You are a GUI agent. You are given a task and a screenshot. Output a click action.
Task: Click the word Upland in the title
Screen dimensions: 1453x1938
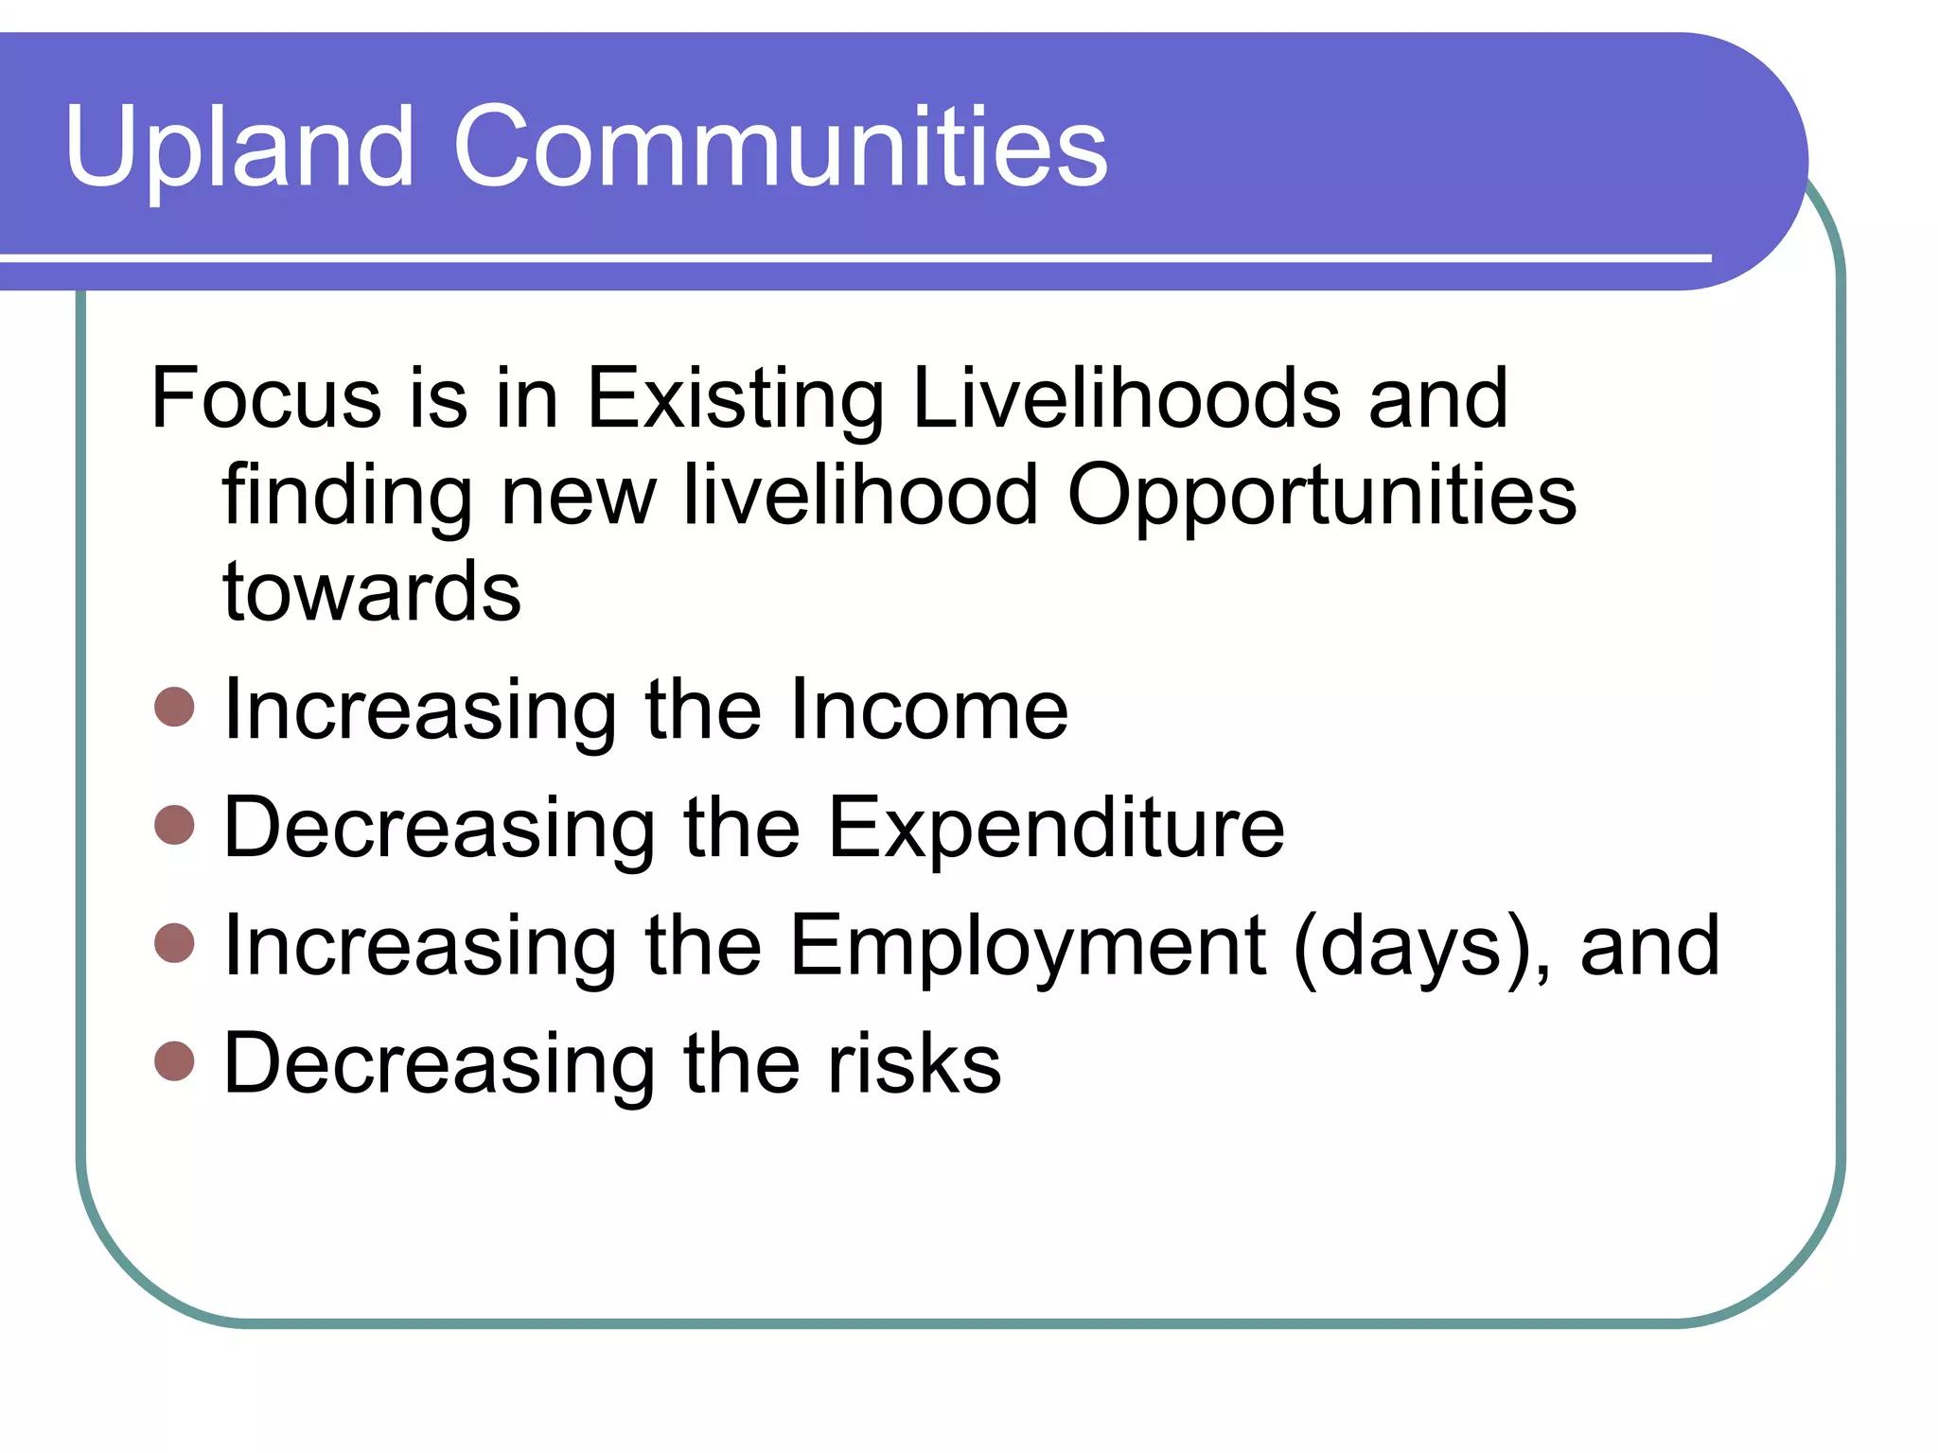pos(238,147)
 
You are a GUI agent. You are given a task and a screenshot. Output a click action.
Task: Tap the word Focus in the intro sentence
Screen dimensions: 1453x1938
pos(266,398)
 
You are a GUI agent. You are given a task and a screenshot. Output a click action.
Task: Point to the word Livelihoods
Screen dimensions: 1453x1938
pos(1126,398)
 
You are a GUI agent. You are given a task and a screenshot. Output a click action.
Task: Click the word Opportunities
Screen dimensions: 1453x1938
pos(1321,497)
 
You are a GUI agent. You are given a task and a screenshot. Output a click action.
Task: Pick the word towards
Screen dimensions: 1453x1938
pos(371,592)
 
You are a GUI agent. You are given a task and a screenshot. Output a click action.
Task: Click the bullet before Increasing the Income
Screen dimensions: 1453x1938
pos(174,707)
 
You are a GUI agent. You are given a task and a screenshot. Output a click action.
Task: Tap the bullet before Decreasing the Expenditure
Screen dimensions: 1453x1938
pos(174,824)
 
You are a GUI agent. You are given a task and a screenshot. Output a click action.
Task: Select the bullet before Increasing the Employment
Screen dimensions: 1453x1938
pos(174,942)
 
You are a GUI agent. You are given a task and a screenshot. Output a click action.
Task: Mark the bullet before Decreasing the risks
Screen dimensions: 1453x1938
pos(174,1060)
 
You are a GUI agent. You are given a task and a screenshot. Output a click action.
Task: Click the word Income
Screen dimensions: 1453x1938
pos(927,709)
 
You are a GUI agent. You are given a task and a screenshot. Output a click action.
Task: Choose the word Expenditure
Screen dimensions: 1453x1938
pos(1055,829)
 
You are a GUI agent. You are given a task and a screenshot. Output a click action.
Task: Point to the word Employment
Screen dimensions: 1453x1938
pos(1027,946)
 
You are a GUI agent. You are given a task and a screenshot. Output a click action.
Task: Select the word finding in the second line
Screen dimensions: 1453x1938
pos(346,497)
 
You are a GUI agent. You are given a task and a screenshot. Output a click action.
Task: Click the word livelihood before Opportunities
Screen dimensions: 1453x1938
pos(859,495)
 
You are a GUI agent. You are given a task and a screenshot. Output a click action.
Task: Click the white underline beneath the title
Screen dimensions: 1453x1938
pos(852,257)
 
